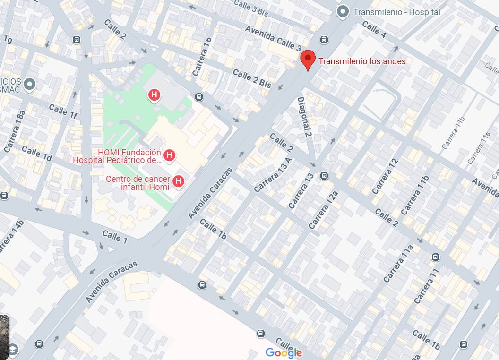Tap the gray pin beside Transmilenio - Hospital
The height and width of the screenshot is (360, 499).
342,12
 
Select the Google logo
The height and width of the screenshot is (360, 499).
284,352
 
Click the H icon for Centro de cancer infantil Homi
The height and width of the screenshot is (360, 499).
178,180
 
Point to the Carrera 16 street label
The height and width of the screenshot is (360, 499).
202,57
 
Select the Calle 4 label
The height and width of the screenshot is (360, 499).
374,29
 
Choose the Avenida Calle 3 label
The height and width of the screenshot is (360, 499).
273,38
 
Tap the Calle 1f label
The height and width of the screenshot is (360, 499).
63,111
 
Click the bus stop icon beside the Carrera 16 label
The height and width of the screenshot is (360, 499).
199,97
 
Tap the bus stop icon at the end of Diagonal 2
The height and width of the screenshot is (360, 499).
324,176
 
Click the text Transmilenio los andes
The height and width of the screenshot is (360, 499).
362,61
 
